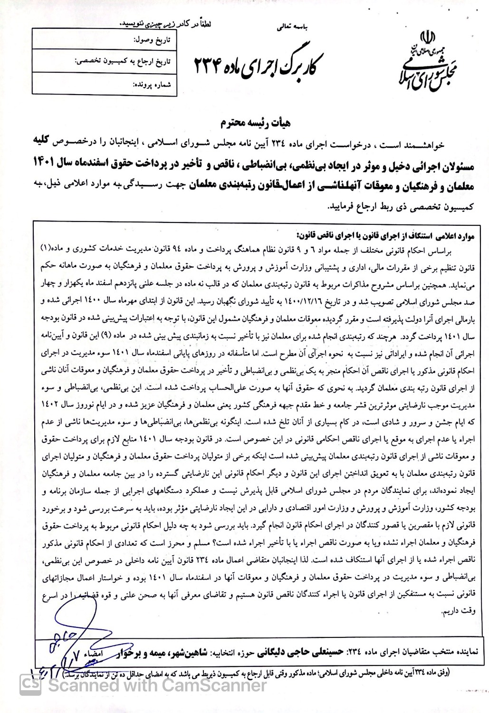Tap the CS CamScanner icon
click(33, 685)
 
